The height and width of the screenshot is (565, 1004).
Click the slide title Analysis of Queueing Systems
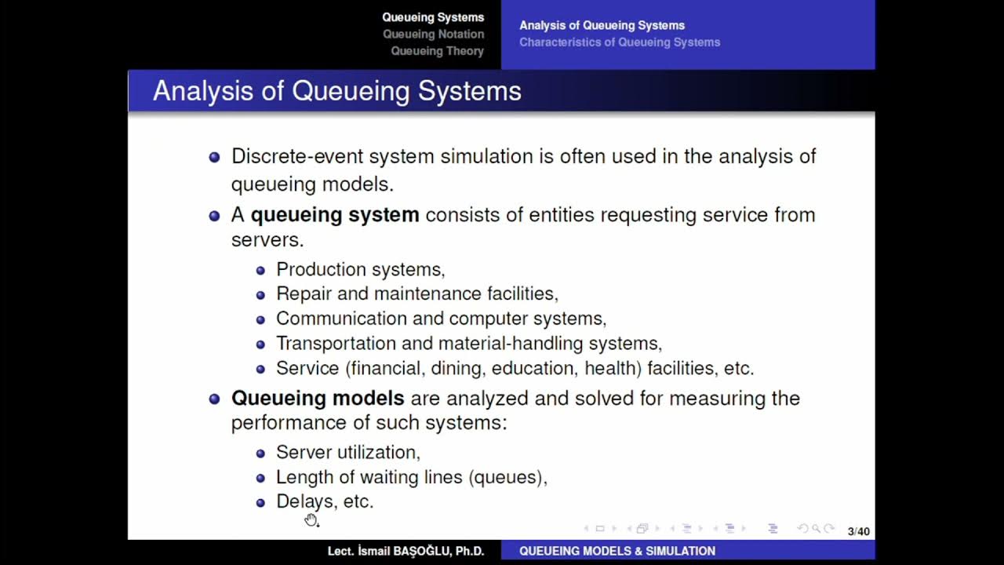coord(336,91)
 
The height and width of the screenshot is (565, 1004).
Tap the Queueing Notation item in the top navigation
coord(433,35)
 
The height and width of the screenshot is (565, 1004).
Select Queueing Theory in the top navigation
coord(437,51)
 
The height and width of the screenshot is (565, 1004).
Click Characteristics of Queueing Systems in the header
coord(619,42)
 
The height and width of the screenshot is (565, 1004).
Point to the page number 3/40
coord(858,531)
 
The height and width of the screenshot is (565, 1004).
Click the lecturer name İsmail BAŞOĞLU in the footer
coord(406,552)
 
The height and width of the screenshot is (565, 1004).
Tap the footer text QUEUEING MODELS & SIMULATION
coord(617,552)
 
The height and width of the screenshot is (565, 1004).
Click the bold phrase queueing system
coord(334,215)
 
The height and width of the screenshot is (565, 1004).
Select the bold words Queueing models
coord(318,399)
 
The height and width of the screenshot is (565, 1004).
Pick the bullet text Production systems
coord(360,270)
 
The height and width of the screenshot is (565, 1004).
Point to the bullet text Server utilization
coord(347,453)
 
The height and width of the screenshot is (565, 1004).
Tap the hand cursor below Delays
coord(311,519)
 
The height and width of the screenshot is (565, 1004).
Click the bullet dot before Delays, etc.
coord(261,502)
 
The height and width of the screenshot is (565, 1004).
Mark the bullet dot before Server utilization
coord(261,454)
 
